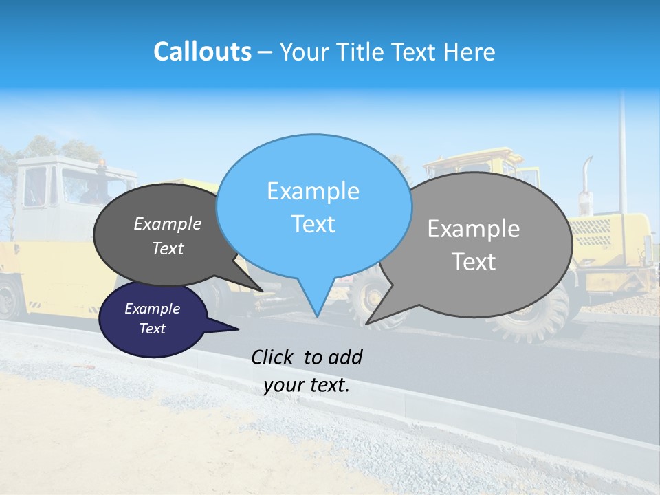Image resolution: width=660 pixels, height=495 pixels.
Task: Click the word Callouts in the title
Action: click(x=202, y=52)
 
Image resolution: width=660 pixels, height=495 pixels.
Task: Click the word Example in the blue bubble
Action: click(x=313, y=191)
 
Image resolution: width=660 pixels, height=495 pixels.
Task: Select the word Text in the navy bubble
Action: click(x=153, y=329)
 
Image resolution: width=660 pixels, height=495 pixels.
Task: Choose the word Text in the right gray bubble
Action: click(x=474, y=262)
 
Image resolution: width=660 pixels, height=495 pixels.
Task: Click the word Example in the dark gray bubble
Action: click(x=168, y=223)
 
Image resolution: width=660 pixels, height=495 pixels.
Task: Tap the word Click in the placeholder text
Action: click(x=272, y=357)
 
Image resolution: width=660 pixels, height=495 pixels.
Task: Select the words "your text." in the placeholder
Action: click(x=307, y=385)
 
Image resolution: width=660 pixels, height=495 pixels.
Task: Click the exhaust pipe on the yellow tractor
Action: click(x=586, y=182)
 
